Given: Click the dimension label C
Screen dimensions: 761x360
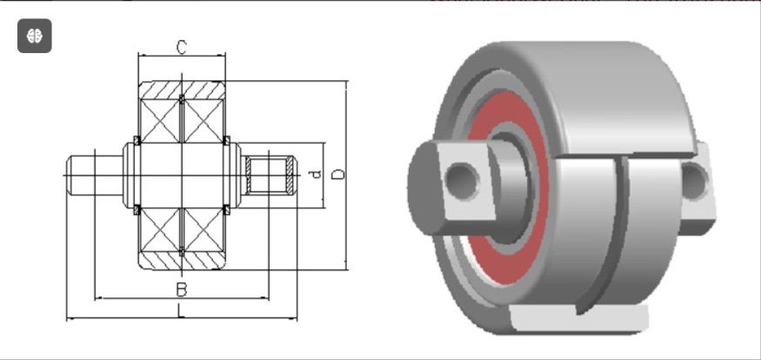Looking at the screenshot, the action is (x=181, y=48).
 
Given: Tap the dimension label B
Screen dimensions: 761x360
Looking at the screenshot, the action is (x=181, y=290).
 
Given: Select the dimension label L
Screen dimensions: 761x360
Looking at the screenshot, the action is (x=181, y=310).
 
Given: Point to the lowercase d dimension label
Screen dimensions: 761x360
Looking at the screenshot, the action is (x=316, y=174).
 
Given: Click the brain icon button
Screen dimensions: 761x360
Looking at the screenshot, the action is (x=35, y=36).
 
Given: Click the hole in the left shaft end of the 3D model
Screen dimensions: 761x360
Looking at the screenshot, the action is (x=461, y=181).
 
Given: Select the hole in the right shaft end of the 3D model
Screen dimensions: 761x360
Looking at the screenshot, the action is (x=694, y=181).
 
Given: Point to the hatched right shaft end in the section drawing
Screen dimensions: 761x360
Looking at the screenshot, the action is (x=270, y=175).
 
